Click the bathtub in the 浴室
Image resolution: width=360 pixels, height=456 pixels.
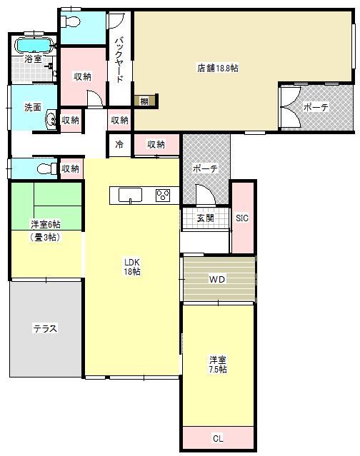coord(34,45)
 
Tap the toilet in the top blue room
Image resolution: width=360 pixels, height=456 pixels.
coord(70,21)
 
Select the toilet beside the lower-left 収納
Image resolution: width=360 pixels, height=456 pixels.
coord(47,168)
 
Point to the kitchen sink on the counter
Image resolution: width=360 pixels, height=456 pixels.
coord(130,195)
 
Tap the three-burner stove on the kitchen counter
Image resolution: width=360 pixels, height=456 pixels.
coord(163,195)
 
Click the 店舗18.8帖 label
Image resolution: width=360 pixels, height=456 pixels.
coord(218,68)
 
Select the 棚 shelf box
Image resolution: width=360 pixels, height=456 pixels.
coord(145,101)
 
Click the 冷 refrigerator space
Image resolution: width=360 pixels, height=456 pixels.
coord(119,145)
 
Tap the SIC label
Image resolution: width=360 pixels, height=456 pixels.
coord(242,218)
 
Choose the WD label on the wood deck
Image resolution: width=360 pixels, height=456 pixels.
coord(217,280)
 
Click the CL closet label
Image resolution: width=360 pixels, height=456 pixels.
coord(218,438)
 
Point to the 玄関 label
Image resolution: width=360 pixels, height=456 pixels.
coord(206,218)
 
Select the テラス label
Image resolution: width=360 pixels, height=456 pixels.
coord(45,329)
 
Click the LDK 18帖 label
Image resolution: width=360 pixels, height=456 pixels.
coord(132,267)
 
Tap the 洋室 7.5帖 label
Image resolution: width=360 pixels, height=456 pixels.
coord(218,365)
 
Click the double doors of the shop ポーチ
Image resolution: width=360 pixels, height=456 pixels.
coord(291,107)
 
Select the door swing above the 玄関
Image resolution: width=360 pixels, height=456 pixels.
coord(206,194)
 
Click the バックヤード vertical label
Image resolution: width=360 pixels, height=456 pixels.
coord(119,60)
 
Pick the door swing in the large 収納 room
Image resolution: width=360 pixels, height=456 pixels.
coord(95,98)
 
